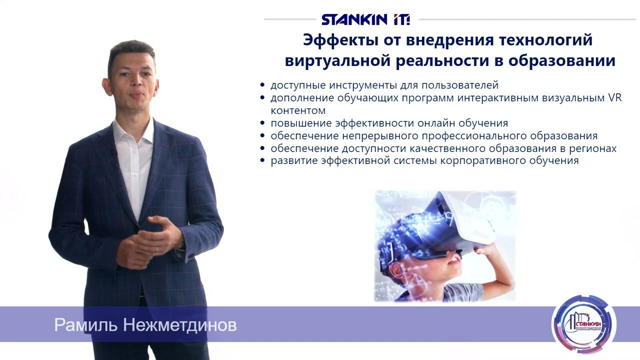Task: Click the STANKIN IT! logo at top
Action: click(x=365, y=19)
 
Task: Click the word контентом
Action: click(x=298, y=110)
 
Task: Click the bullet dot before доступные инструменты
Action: click(x=263, y=85)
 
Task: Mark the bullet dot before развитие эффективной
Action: click(x=263, y=161)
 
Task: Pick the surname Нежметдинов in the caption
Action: click(x=181, y=325)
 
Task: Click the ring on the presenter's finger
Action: click(x=156, y=248)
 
